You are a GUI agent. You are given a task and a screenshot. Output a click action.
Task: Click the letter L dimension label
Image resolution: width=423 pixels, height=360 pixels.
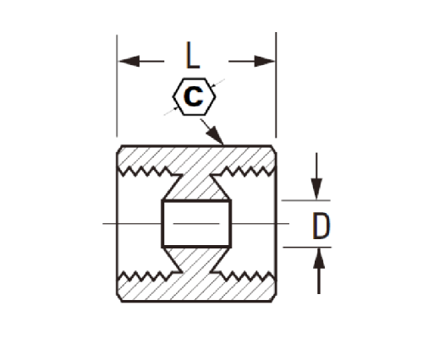click(x=193, y=55)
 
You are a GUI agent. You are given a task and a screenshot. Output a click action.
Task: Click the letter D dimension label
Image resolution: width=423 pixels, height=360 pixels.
click(x=321, y=226)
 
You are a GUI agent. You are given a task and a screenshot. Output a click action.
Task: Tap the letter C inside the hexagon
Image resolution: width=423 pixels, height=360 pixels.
click(x=194, y=96)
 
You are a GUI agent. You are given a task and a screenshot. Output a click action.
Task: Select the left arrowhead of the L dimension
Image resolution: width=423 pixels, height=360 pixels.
click(x=129, y=61)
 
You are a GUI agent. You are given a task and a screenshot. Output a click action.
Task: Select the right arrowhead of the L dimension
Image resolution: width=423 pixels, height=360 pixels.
click(x=265, y=61)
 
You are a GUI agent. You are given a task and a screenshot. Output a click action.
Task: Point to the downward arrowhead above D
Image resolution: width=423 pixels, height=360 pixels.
click(x=316, y=188)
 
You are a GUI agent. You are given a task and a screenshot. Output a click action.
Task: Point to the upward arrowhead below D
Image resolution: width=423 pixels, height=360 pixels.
click(x=319, y=259)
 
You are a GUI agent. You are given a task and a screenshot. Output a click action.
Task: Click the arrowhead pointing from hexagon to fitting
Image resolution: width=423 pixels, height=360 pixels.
click(x=216, y=135)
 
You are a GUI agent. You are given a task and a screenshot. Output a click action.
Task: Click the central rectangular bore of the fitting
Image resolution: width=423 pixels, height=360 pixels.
click(x=196, y=224)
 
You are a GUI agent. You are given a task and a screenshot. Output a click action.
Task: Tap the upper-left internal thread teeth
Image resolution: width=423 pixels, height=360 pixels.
click(x=146, y=172)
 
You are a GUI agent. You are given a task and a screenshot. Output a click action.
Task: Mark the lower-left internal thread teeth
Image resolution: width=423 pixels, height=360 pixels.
click(x=146, y=276)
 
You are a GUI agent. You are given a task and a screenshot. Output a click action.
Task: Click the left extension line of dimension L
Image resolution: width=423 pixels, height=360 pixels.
click(x=117, y=85)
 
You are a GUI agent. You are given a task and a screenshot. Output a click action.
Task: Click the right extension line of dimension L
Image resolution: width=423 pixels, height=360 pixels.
click(x=276, y=85)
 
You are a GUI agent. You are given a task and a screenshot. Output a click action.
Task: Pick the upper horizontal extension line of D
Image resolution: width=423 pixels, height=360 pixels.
click(x=306, y=200)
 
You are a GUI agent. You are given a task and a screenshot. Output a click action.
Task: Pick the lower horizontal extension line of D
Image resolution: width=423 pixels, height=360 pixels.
click(x=307, y=247)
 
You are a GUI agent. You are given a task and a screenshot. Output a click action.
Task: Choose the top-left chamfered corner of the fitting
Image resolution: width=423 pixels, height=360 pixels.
click(x=119, y=149)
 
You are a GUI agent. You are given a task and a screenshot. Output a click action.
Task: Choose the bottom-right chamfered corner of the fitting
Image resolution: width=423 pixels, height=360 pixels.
click(x=274, y=298)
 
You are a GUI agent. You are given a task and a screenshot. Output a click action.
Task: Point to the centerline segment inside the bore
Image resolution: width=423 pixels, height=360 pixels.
click(x=196, y=224)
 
